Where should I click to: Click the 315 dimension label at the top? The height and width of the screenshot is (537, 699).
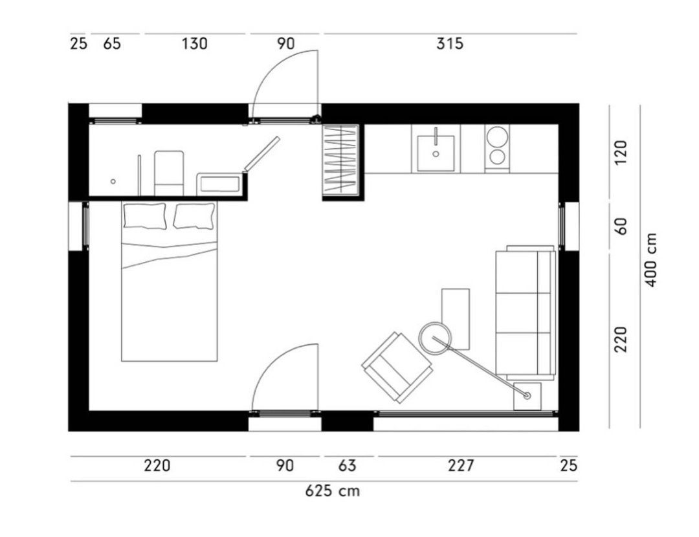coord(450,44)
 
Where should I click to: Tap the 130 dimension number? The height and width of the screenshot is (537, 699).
coord(195,44)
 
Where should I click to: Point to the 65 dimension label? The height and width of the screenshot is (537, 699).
coord(112,44)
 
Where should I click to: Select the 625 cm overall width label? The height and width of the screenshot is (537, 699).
coord(333,490)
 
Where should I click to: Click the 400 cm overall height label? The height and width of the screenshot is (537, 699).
coord(651,260)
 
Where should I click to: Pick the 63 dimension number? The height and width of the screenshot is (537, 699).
coord(348,466)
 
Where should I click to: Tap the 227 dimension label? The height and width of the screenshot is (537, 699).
coord(461,466)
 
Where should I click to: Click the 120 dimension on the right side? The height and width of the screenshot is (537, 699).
coord(621,153)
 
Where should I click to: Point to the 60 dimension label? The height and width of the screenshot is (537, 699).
coord(621,226)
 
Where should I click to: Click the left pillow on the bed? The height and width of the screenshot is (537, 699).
coord(145,216)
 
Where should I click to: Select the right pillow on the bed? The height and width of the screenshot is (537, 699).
coord(194,216)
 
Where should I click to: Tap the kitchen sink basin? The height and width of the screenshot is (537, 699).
coord(436,153)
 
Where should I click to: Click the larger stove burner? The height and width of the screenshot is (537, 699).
coord(497,137)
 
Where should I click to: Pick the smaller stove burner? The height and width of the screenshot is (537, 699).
coord(497,157)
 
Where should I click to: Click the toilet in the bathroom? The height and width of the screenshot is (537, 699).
coord(169,173)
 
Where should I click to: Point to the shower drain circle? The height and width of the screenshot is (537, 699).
coord(113,181)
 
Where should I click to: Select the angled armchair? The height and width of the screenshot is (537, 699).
coord(397,367)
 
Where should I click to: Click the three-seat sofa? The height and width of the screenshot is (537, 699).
coord(526,312)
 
